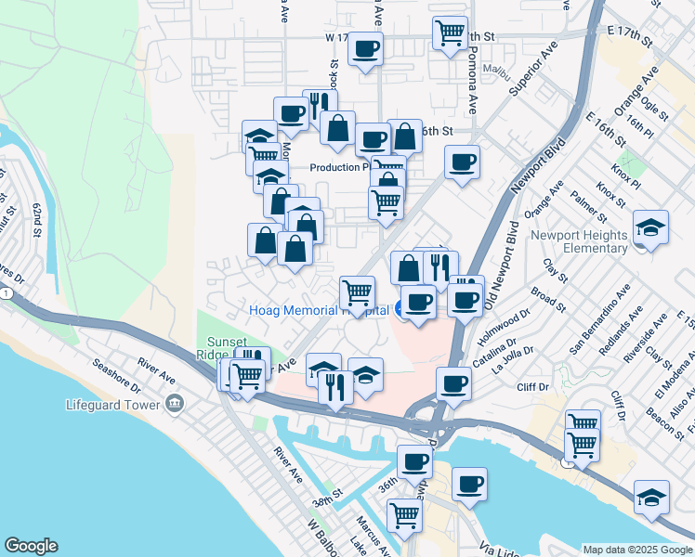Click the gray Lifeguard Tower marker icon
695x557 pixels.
coord(174,403)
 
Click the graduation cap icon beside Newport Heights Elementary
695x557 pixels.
coord(650,227)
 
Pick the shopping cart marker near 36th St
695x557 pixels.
coord(404,514)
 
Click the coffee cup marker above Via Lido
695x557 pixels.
coord(470,484)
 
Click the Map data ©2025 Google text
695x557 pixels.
coord(637,549)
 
